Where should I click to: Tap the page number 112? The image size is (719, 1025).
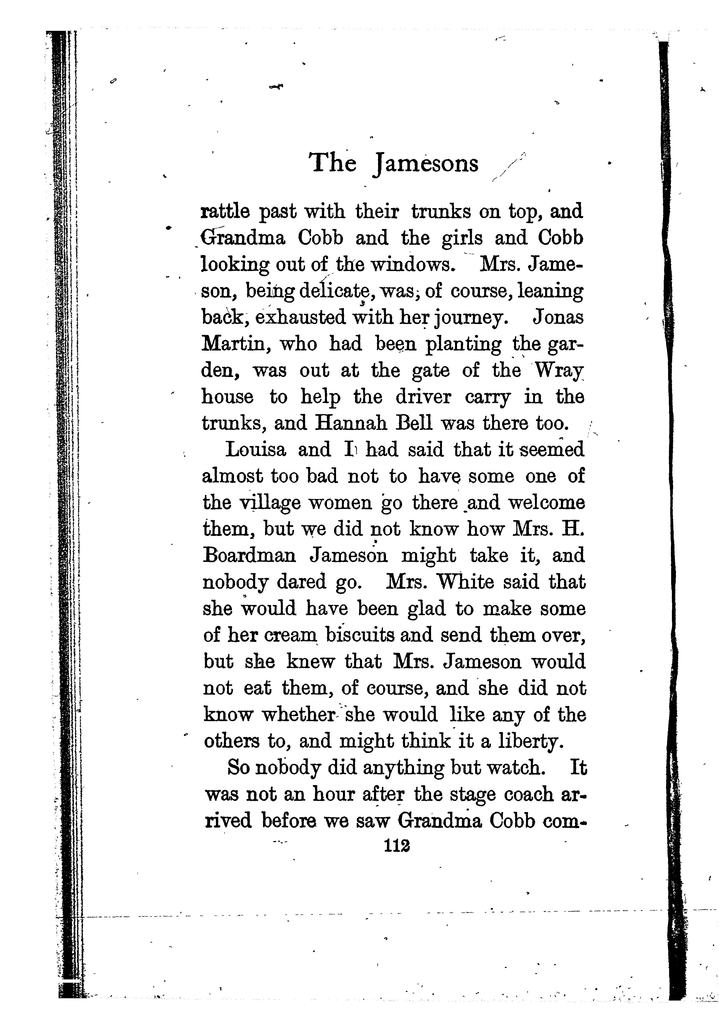[x=397, y=845]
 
